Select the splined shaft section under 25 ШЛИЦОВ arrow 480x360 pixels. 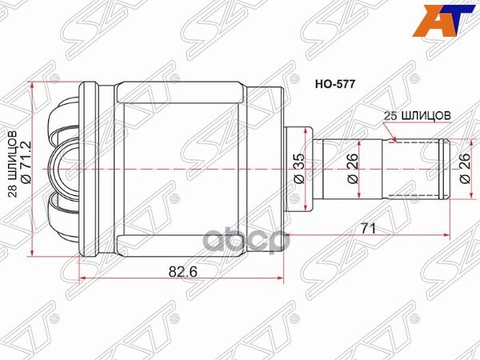point(416,168)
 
